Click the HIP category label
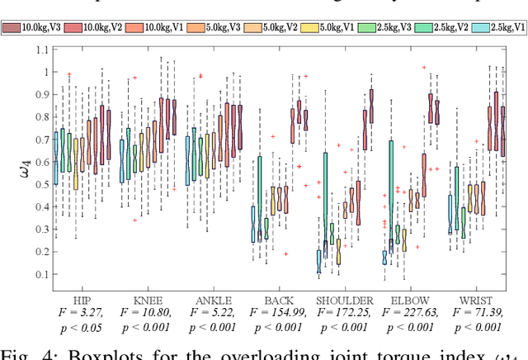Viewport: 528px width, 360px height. coord(80,301)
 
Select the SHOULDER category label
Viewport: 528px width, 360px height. coord(344,301)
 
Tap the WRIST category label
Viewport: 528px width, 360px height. coord(475,301)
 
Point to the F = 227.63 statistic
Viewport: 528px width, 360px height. coord(410,313)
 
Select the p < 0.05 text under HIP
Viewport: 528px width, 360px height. coord(80,326)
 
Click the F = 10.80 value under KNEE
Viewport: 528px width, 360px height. coord(146,313)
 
